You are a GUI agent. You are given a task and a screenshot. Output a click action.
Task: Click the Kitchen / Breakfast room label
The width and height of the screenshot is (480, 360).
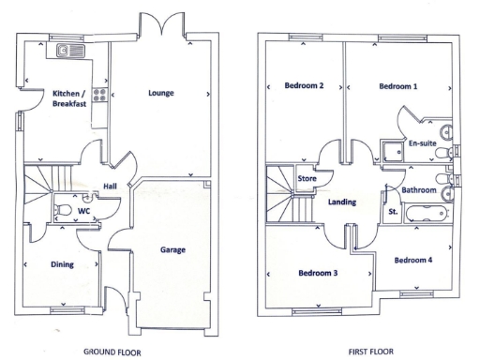pyautogui.click(x=69, y=98)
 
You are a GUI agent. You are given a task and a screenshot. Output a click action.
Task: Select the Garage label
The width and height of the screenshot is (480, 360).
pyautogui.click(x=172, y=250)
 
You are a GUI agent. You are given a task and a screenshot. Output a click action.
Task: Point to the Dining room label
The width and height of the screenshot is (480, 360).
pyautogui.click(x=61, y=264)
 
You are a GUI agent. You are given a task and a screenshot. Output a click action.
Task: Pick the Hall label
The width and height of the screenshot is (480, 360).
pyautogui.click(x=110, y=185)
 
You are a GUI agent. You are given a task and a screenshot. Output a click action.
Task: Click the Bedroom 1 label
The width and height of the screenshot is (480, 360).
pyautogui.click(x=398, y=86)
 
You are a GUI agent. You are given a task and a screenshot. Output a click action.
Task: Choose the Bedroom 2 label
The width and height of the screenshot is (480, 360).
pyautogui.click(x=304, y=86)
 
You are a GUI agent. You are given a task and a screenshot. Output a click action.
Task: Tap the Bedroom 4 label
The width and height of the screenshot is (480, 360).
pyautogui.click(x=412, y=260)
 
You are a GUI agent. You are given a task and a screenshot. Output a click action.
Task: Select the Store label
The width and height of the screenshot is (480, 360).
pyautogui.click(x=307, y=178)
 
